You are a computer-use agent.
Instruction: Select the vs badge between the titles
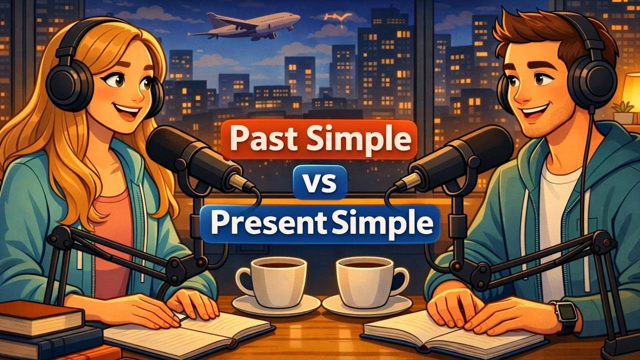[x=320, y=183]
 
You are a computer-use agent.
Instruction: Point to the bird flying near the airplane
[x=334, y=18]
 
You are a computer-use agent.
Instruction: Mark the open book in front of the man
[x=450, y=332]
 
